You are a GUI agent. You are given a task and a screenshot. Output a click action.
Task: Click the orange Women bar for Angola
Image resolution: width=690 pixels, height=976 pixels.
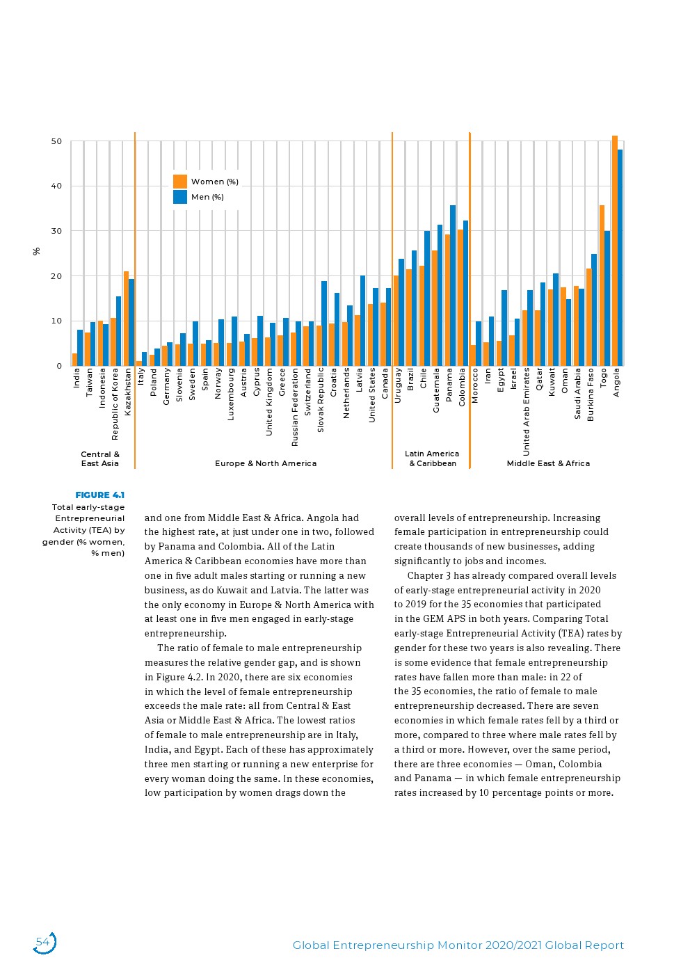coord(615,250)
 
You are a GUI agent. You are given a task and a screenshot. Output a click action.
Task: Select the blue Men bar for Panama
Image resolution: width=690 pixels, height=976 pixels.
coord(453,285)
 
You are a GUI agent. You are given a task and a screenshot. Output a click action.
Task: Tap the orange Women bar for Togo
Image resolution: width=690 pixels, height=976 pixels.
coord(602,285)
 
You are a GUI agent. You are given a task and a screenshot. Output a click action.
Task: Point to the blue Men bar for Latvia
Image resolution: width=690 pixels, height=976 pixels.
coord(362,321)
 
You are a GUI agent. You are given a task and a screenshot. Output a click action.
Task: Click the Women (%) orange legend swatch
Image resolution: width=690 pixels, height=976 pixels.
coord(180,182)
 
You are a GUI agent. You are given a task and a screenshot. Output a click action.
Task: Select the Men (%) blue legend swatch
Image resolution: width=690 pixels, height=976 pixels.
coord(180,197)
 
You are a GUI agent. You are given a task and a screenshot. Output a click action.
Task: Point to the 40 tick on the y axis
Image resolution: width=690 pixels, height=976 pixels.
coord(56,186)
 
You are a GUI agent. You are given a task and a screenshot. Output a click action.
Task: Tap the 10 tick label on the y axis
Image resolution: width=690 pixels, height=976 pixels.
coord(56,321)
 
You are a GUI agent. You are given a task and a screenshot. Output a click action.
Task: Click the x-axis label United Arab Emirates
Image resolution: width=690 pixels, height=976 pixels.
coord(527,411)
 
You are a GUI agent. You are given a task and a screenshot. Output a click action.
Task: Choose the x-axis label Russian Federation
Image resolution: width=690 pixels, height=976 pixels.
coord(295,407)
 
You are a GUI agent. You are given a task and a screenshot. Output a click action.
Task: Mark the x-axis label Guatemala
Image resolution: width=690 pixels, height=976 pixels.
coord(437,390)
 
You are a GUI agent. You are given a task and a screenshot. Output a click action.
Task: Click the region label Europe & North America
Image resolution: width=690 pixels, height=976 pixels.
coord(266,463)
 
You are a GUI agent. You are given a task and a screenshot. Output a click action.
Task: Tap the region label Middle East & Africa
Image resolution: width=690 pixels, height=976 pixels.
coord(548,463)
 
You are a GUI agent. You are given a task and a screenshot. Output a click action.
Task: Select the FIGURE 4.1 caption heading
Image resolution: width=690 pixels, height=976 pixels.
coord(99,495)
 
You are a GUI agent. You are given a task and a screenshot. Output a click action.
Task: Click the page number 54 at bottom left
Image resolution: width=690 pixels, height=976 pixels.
coord(43,943)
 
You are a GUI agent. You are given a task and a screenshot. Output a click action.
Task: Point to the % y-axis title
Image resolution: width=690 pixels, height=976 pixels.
coord(37,251)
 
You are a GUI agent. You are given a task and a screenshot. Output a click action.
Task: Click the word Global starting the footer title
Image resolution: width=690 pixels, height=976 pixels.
coord(310,945)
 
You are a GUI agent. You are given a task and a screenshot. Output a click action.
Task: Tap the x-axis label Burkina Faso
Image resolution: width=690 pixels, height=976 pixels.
coord(591,394)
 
